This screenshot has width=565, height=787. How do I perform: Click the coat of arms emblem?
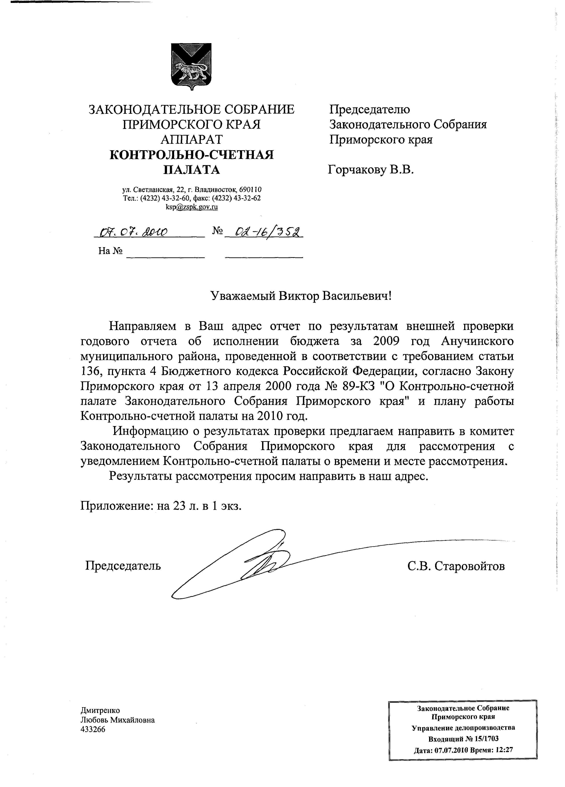[x=191, y=66]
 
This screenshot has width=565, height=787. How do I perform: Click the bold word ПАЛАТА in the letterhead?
[x=191, y=170]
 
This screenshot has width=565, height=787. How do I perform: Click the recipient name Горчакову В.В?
[x=371, y=170]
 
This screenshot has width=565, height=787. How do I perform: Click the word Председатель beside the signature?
[x=123, y=566]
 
